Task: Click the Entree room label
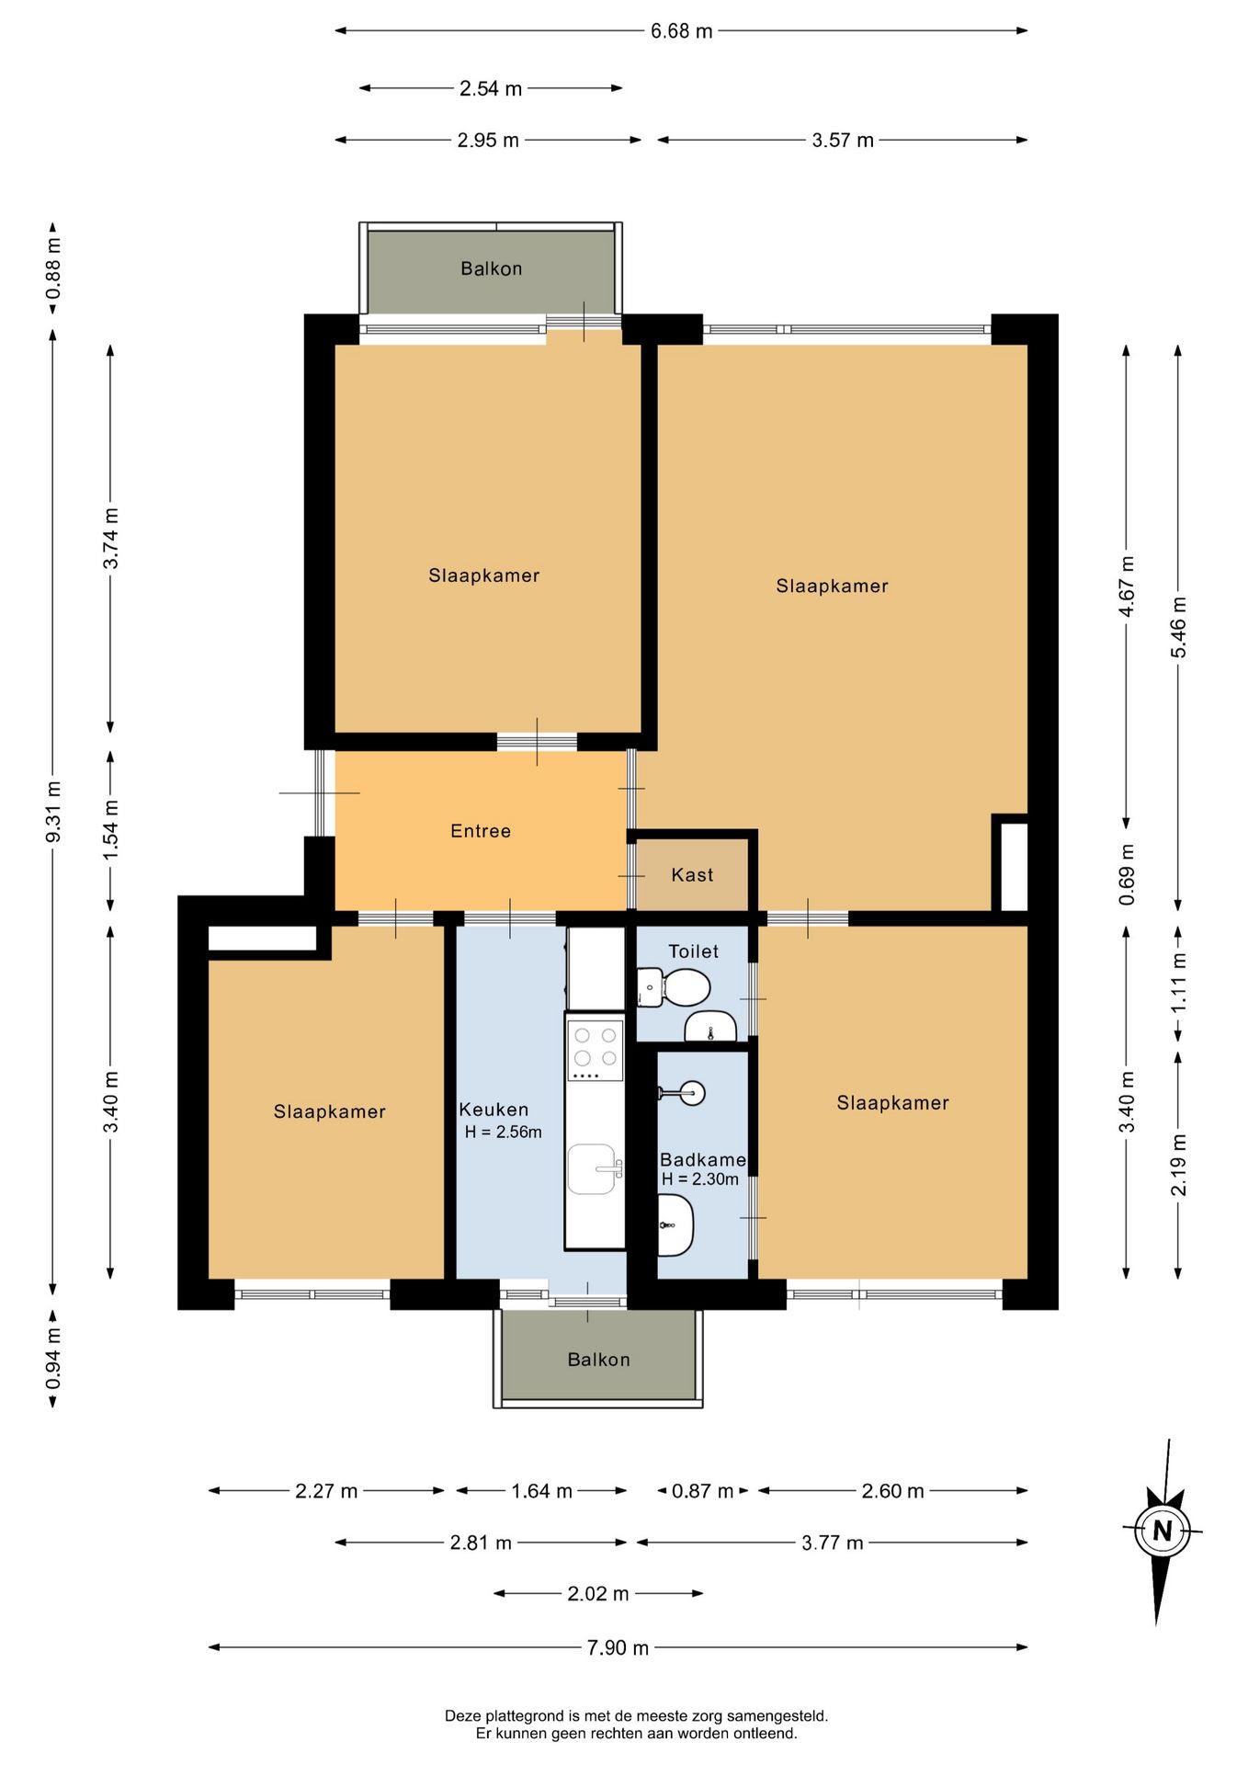[x=481, y=831]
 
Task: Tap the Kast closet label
[x=692, y=875]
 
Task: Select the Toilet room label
[x=694, y=951]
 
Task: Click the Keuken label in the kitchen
[x=494, y=1110]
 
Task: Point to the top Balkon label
[x=492, y=268]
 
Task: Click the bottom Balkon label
[x=599, y=1360]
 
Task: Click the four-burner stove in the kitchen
[x=595, y=1050]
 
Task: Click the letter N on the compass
[x=1163, y=1531]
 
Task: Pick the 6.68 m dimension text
[x=682, y=31]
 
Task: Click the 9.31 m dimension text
[x=53, y=812]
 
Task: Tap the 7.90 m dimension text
[x=618, y=1647]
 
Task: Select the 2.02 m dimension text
[x=598, y=1593]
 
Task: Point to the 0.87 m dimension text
[x=703, y=1490]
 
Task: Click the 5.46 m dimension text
[x=1178, y=627]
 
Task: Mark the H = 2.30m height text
[x=700, y=1179]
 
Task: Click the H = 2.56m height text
[x=504, y=1133]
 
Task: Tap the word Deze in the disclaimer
[x=463, y=1715]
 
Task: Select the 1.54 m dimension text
[x=110, y=830]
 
